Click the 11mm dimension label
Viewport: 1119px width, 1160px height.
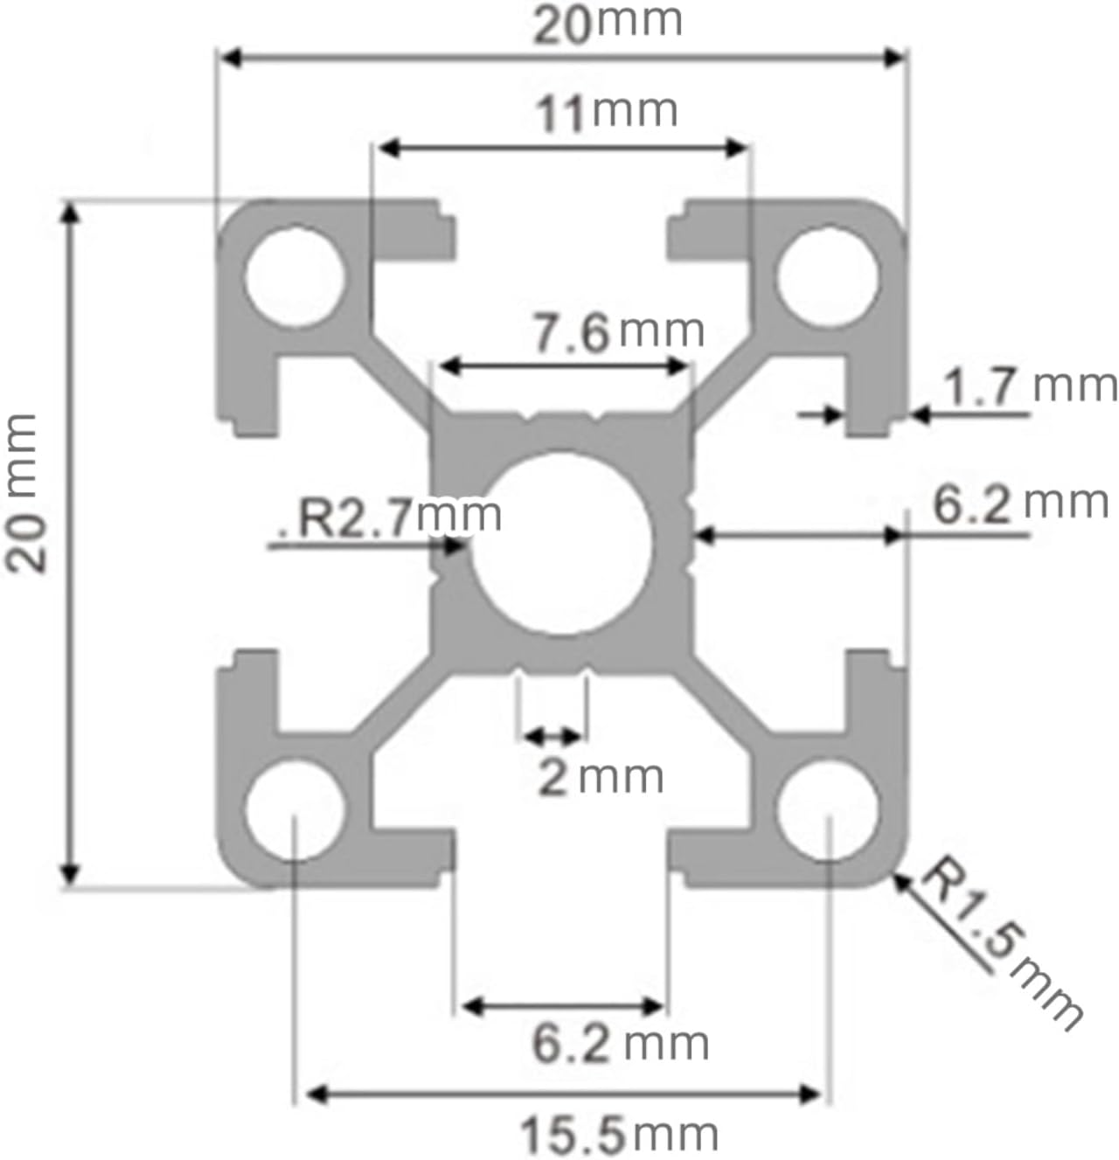pyautogui.click(x=606, y=113)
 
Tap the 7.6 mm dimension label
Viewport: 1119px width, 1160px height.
pyautogui.click(x=618, y=332)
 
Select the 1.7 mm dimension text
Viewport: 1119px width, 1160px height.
pyautogui.click(x=1030, y=386)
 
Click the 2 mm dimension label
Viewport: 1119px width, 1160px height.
pyautogui.click(x=600, y=777)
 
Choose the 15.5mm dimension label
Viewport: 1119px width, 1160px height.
pyautogui.click(x=619, y=1136)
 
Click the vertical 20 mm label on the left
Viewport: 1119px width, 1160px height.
pyautogui.click(x=25, y=493)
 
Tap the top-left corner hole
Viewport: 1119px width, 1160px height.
pyautogui.click(x=294, y=276)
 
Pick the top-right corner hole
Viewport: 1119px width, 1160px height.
pyautogui.click(x=827, y=276)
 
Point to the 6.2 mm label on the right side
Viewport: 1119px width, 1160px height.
pyautogui.click(x=1019, y=504)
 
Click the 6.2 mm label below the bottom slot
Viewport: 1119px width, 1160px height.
pyautogui.click(x=619, y=1043)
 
